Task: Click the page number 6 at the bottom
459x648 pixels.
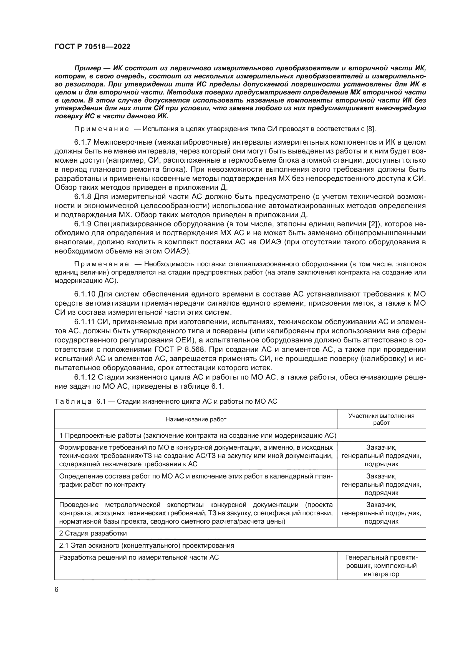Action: pos(57,589)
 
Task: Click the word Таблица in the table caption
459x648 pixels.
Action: pos(73,401)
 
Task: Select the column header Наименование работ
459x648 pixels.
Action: pos(196,419)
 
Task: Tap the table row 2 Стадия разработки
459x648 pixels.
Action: pos(93,533)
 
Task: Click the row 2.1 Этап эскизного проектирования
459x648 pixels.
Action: pos(147,545)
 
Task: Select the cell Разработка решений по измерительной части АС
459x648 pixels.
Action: pos(139,557)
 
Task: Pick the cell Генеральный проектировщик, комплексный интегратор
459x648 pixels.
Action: pos(381,566)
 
